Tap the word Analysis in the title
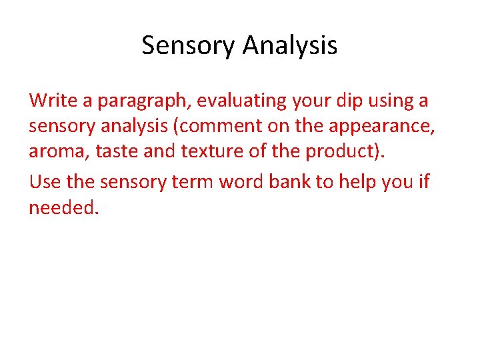point(290,45)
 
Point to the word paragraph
point(143,102)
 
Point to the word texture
point(209,152)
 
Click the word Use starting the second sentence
point(45,181)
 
